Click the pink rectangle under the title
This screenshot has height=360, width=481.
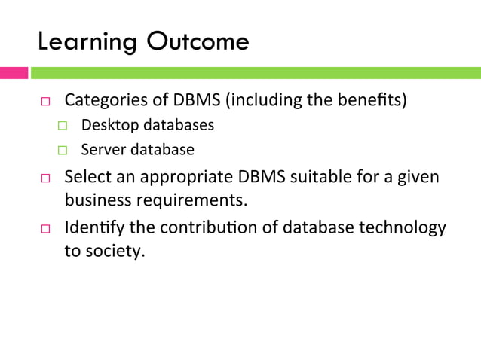pyautogui.click(x=14, y=73)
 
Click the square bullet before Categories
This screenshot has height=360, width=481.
pyautogui.click(x=45, y=102)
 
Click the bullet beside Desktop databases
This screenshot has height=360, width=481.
pyautogui.click(x=63, y=126)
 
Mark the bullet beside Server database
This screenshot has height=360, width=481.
pyautogui.click(x=63, y=151)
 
